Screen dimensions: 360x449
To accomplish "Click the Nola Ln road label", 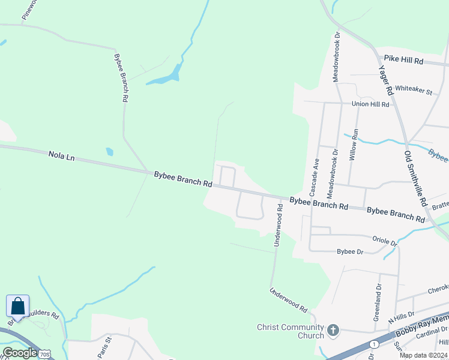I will coord(61,157).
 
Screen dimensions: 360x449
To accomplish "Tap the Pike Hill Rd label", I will coord(403,61).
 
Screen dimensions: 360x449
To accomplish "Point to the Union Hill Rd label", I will coord(370,104).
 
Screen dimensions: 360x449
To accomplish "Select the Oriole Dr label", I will coord(384,241).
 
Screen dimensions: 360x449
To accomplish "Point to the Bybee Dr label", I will coord(350,251).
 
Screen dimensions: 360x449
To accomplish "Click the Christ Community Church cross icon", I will coord(333,330).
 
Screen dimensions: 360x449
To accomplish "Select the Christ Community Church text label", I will coord(291,331).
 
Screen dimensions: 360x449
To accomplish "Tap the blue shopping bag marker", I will coord(17,307).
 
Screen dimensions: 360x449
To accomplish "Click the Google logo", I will coord(20,353).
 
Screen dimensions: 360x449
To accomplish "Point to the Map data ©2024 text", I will coord(423,355).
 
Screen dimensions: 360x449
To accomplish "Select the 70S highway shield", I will coord(44,355).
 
